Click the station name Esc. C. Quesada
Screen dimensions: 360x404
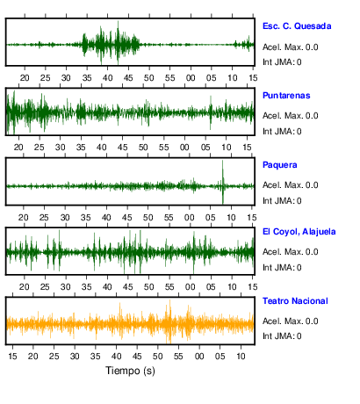pos(297,26)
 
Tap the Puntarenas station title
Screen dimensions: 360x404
pos(286,96)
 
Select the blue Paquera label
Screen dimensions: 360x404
pos(280,165)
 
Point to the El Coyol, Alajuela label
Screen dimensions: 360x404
pos(299,232)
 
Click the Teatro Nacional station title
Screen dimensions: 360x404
pos(295,301)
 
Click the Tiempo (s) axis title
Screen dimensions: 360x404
pos(130,371)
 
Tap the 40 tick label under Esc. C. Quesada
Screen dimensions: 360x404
pos(107,78)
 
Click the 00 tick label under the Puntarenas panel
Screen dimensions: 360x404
pos(184,148)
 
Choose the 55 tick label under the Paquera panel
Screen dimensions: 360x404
pos(169,218)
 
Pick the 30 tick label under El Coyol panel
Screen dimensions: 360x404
pos(65,287)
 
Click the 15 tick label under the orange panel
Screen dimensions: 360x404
pos(12,357)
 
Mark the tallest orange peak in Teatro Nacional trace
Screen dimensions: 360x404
pos(170,300)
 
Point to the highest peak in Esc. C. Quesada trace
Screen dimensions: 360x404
pos(118,21)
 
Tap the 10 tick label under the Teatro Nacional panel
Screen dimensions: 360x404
pos(241,357)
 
